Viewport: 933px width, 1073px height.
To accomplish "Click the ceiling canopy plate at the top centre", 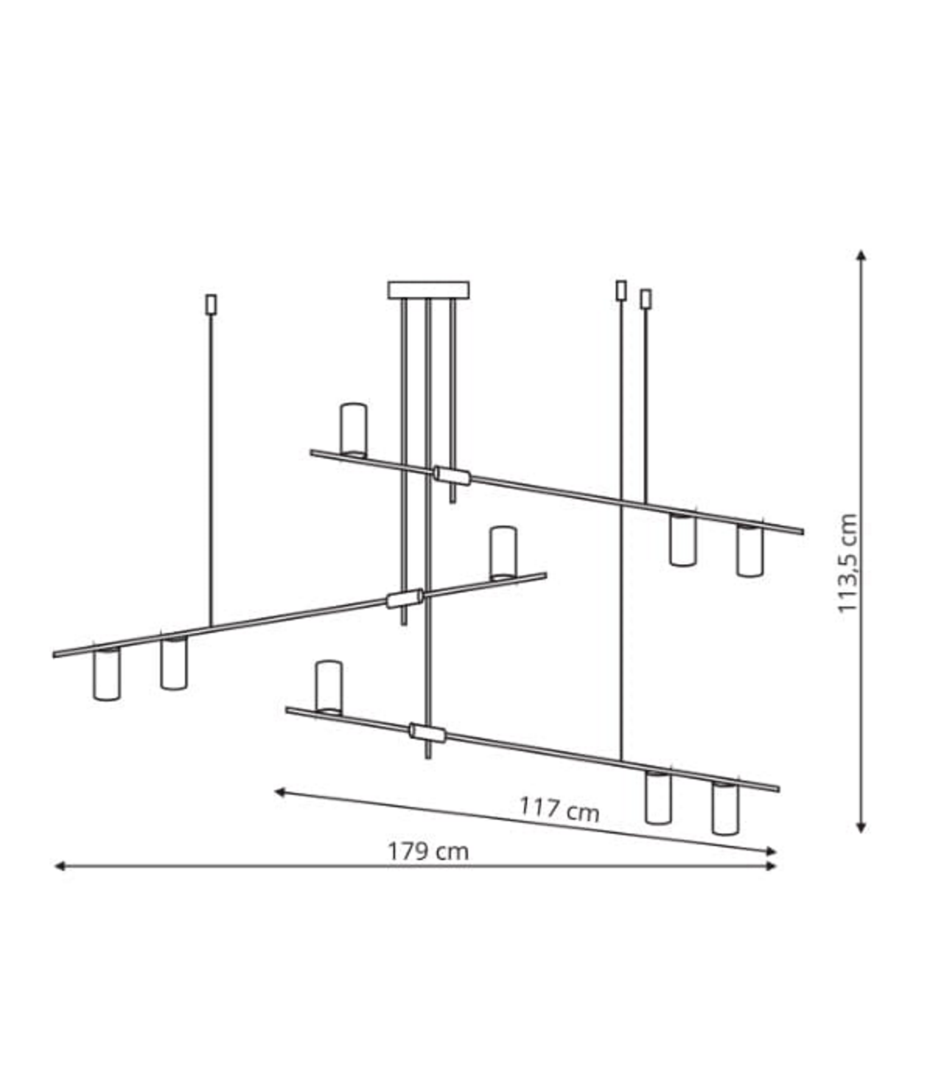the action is pyautogui.click(x=428, y=290).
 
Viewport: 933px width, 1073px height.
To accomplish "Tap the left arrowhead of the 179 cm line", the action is pyautogui.click(x=59, y=866).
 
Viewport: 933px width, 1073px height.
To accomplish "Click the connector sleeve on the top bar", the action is pyautogui.click(x=452, y=475).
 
